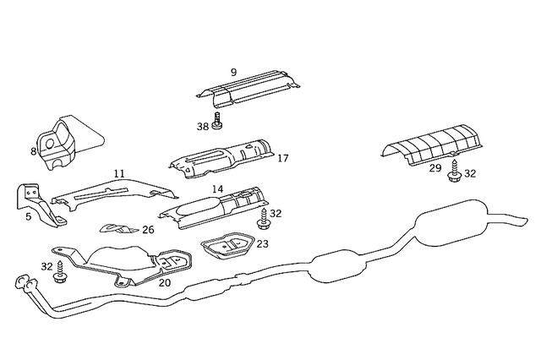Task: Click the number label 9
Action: coord(232,74)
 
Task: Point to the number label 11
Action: coord(119,173)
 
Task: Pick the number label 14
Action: coord(217,189)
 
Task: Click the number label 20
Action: coord(164,282)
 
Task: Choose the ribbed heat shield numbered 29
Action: coord(430,144)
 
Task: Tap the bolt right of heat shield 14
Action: coord(261,221)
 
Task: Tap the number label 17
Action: coord(282,158)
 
